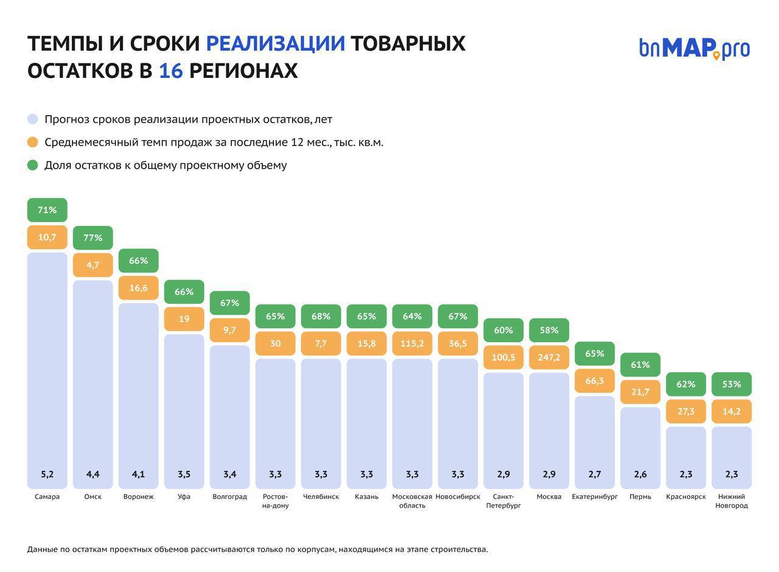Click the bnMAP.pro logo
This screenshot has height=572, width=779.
coord(694,48)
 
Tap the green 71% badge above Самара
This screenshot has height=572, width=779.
coord(47,210)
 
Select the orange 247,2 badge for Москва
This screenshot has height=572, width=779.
coord(549,358)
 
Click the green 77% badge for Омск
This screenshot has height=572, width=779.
coord(93,238)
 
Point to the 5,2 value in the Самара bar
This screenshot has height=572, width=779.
coord(47,474)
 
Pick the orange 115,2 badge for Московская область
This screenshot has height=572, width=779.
coord(412,344)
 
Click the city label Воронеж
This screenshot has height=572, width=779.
coord(138,496)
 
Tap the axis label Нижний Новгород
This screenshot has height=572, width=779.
coord(732,501)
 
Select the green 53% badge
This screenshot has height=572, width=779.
coord(732,384)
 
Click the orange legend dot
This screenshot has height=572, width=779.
coord(33,142)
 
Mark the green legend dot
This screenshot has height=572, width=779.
coord(33,165)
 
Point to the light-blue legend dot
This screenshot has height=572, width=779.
coord(33,119)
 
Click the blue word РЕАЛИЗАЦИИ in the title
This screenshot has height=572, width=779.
coord(275,44)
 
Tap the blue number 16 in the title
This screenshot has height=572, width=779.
coord(170,71)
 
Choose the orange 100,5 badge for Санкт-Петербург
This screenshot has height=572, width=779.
coord(503,358)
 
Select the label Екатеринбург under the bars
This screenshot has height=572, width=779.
coord(595,496)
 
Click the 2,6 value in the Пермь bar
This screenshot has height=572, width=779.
coord(640,474)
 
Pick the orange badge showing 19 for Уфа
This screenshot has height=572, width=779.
coord(184,319)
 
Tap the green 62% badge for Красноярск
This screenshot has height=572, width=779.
coord(686,384)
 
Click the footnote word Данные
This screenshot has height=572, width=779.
coord(42,549)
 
